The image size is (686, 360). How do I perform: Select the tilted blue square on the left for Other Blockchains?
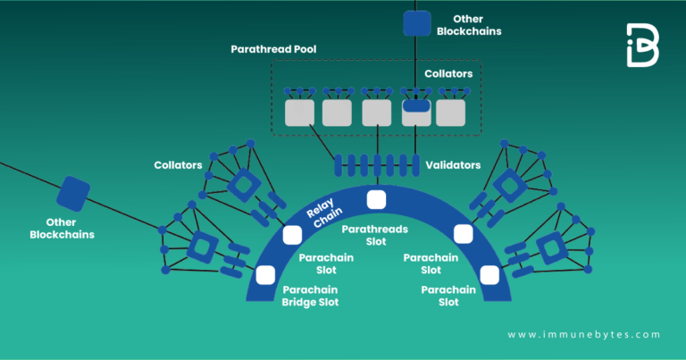(73, 194)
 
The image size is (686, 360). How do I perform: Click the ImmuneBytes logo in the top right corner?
(642, 45)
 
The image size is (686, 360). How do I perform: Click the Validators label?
(454, 165)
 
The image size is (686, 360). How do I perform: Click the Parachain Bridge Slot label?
(310, 296)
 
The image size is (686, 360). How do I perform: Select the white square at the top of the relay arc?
(376, 200)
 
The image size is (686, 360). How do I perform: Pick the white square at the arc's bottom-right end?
(489, 274)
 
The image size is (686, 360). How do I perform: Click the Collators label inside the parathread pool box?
(448, 73)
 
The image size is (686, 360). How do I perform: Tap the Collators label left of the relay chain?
(179, 165)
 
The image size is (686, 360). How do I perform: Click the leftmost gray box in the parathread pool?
(299, 113)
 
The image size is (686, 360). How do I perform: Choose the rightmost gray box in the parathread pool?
(450, 113)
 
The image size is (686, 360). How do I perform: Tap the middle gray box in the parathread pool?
(376, 113)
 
